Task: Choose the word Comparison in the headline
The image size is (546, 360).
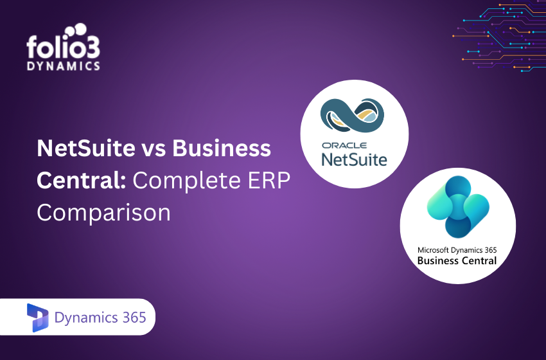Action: [103, 212]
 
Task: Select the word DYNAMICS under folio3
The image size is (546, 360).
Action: [63, 66]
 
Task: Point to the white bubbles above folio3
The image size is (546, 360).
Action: [78, 31]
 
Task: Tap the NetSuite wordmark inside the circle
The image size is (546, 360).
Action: [355, 157]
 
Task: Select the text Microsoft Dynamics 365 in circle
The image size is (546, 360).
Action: [457, 249]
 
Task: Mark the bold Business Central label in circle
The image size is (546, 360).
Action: [457, 261]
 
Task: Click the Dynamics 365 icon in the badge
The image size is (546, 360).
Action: [38, 316]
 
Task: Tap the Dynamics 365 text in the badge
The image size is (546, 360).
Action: [100, 317]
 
